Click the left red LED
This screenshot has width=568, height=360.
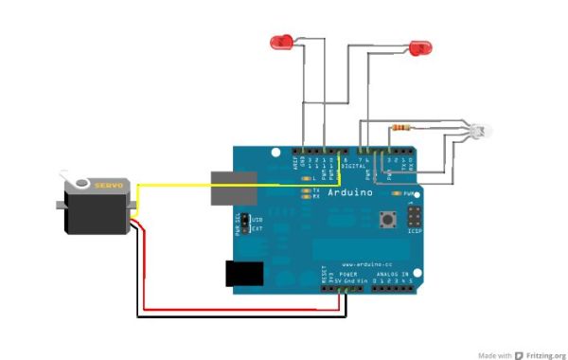click(281, 42)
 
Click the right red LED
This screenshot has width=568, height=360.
click(418, 46)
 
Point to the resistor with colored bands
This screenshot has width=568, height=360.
click(402, 127)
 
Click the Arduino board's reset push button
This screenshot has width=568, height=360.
click(387, 220)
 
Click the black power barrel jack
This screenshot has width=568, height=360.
click(242, 273)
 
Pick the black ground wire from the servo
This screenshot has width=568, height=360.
click(237, 317)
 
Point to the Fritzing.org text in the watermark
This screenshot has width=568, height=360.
click(545, 354)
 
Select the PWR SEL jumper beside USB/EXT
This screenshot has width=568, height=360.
click(245, 223)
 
